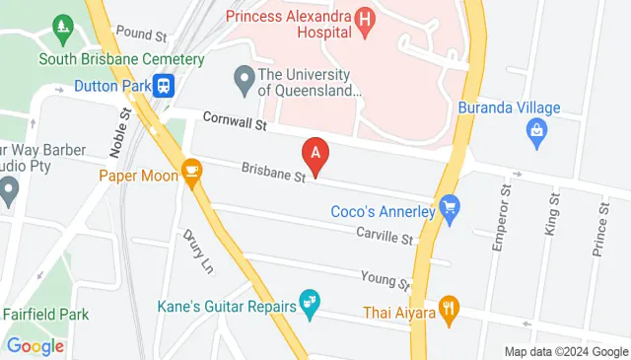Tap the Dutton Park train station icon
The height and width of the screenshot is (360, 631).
coord(165,87)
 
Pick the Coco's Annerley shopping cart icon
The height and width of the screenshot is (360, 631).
coord(451,208)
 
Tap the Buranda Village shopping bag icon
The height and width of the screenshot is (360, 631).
coord(536,129)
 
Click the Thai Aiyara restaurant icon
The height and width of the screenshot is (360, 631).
coord(449,307)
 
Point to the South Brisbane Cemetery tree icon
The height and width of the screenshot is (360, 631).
coord(64,24)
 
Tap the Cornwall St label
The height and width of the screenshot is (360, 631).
coord(235,122)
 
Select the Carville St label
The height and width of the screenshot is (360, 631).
coord(385,237)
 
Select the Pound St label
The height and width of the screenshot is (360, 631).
coord(141,35)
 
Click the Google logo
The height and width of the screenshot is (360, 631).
coord(35,346)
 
